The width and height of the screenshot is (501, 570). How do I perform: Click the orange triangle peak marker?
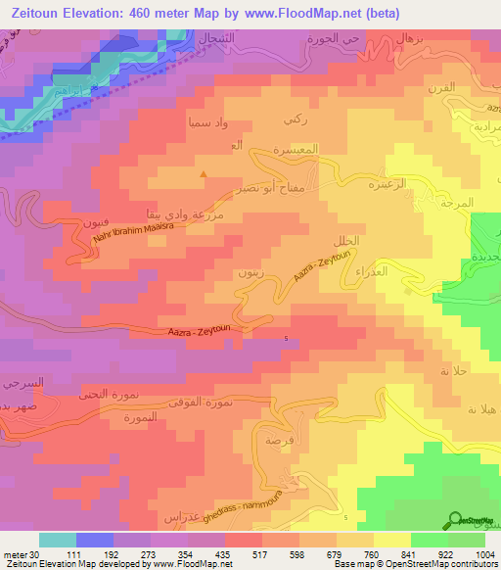click(x=204, y=175)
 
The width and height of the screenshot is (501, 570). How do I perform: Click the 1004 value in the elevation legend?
click(x=484, y=553)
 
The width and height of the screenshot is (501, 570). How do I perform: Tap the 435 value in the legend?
click(x=224, y=553)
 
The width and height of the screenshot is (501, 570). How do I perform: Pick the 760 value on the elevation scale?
click(x=373, y=553)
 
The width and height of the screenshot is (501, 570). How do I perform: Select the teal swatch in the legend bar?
click(x=57, y=539)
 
